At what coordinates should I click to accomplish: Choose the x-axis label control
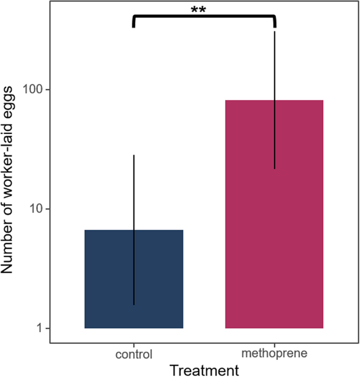133,354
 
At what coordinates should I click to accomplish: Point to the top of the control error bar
133,155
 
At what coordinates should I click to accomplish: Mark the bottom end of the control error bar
133,305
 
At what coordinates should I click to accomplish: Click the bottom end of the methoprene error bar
274,169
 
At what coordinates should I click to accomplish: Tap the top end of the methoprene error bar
274,32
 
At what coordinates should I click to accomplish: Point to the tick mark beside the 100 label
48,90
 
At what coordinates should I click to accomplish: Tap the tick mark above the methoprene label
274,345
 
